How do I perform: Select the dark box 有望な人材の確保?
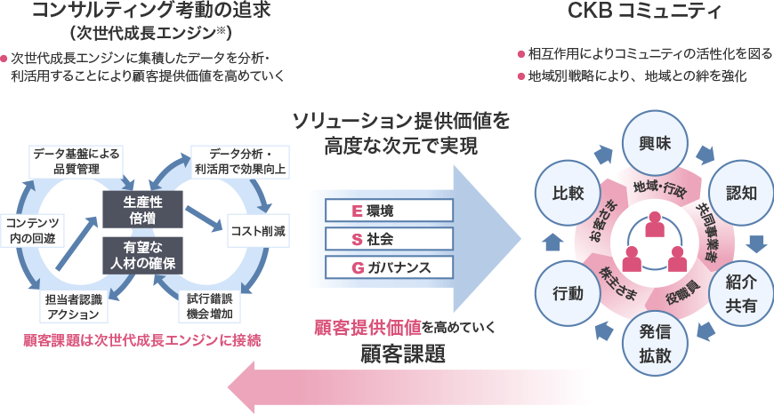click(x=143, y=254)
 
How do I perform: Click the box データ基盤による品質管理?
click(x=77, y=161)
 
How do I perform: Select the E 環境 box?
click(x=389, y=211)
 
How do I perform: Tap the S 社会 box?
click(x=389, y=239)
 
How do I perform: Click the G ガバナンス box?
click(x=389, y=267)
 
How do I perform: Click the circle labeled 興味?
click(x=653, y=141)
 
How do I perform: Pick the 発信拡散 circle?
click(x=653, y=344)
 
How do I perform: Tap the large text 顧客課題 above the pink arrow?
click(x=402, y=354)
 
